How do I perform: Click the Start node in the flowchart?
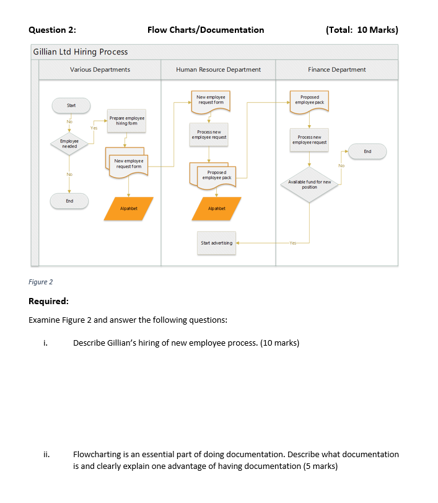pos(71,105)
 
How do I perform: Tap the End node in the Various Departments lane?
pos(69,201)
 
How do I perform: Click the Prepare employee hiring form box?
pos(126,120)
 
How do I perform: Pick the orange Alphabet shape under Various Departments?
pos(128,209)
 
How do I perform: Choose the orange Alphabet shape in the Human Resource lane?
pos(216,209)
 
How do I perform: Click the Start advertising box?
pos(216,243)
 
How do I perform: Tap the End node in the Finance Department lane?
pos(367,151)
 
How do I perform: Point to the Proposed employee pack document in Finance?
pos(310,100)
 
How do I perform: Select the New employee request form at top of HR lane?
pos(211,100)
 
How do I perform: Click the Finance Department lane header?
pos(336,69)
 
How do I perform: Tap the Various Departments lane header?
pos(100,69)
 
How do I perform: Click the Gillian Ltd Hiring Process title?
pos(81,51)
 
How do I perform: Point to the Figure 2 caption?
pos(41,282)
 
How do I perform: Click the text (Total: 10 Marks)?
pos(361,30)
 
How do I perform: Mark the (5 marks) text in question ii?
pos(320,466)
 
